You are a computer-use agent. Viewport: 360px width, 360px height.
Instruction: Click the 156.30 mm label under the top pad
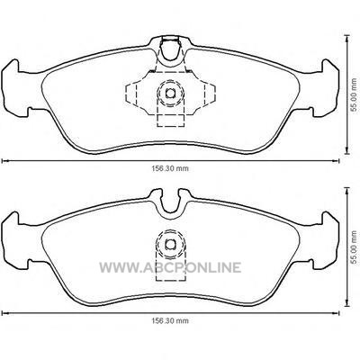(170, 168)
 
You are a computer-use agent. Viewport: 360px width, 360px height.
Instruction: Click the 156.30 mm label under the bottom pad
(170, 321)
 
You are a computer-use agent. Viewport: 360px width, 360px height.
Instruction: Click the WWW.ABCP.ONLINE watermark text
(170, 267)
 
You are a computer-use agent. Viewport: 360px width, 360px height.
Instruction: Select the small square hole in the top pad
(170, 94)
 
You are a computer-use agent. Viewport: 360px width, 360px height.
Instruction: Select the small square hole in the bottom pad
(170, 245)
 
